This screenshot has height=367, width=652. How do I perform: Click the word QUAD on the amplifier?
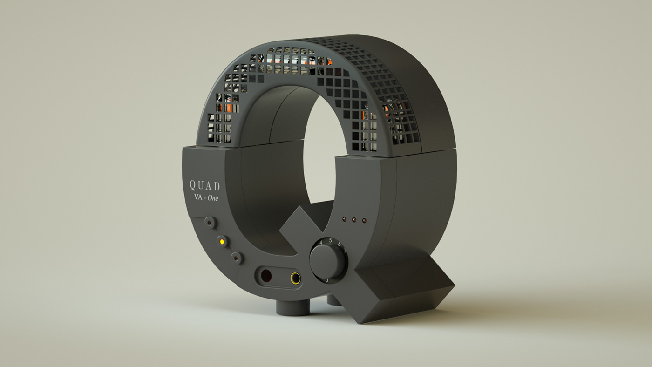tap(204, 185)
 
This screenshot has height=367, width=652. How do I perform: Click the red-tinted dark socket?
tap(266, 276)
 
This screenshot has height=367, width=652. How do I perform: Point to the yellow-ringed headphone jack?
tap(295, 279)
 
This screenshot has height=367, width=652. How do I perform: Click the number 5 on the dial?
tap(330, 240)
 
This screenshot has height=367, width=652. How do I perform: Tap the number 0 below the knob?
tap(326, 280)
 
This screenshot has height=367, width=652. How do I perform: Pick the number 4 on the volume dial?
tap(321, 243)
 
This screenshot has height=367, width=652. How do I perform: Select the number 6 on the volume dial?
tap(339, 245)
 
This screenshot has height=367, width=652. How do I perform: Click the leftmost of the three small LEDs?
tap(344, 218)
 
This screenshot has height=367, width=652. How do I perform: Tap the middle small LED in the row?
tap(354, 219)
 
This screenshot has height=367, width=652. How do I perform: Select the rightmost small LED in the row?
tap(364, 220)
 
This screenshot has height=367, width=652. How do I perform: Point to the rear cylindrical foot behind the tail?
tap(333, 300)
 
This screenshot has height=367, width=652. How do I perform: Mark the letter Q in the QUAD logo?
tap(192, 185)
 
